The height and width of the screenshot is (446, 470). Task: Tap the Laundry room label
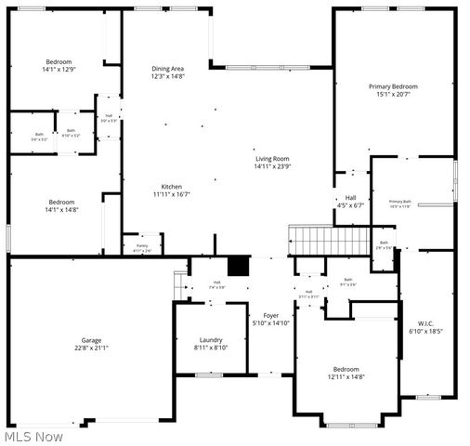[x=211, y=339]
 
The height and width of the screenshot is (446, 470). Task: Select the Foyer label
[x=271, y=316]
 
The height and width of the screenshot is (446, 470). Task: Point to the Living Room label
[x=273, y=159]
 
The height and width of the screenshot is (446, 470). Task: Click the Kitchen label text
[x=172, y=187]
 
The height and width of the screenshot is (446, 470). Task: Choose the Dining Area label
[x=168, y=69]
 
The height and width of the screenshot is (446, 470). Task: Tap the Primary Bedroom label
[x=397, y=86]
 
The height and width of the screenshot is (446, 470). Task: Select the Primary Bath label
[x=400, y=202]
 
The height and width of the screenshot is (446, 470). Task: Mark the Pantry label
[x=142, y=245]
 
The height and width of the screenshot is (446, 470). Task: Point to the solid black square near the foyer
[x=239, y=266]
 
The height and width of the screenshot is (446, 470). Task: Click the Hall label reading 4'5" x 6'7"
[x=351, y=205]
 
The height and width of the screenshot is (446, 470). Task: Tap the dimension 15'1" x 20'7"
[x=397, y=94]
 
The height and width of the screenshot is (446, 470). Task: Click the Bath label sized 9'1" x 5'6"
[x=348, y=283]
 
